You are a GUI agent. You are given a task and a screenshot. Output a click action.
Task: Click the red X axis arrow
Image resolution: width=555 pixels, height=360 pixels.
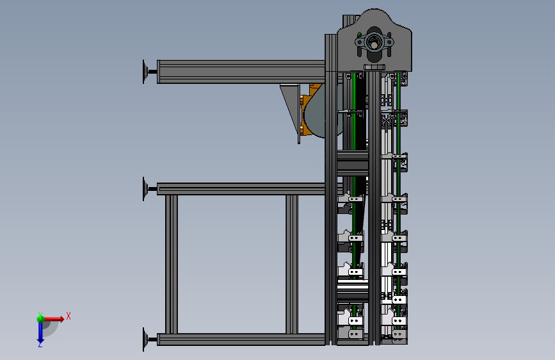tap(53, 319)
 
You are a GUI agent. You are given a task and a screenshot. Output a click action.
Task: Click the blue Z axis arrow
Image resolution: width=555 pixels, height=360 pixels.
tap(40, 332)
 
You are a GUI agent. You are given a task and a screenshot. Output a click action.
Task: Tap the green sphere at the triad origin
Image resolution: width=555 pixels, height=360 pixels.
tap(40, 319)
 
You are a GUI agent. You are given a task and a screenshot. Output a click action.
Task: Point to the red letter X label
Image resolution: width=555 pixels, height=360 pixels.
tap(68, 316)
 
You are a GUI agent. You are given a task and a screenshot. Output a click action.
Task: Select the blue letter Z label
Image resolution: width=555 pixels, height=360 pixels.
tap(40, 345)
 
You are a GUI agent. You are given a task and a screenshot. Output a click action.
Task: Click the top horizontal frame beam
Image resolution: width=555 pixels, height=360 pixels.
tap(241, 72)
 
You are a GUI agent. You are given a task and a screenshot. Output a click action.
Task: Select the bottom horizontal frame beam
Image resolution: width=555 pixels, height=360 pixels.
tap(241, 339)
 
